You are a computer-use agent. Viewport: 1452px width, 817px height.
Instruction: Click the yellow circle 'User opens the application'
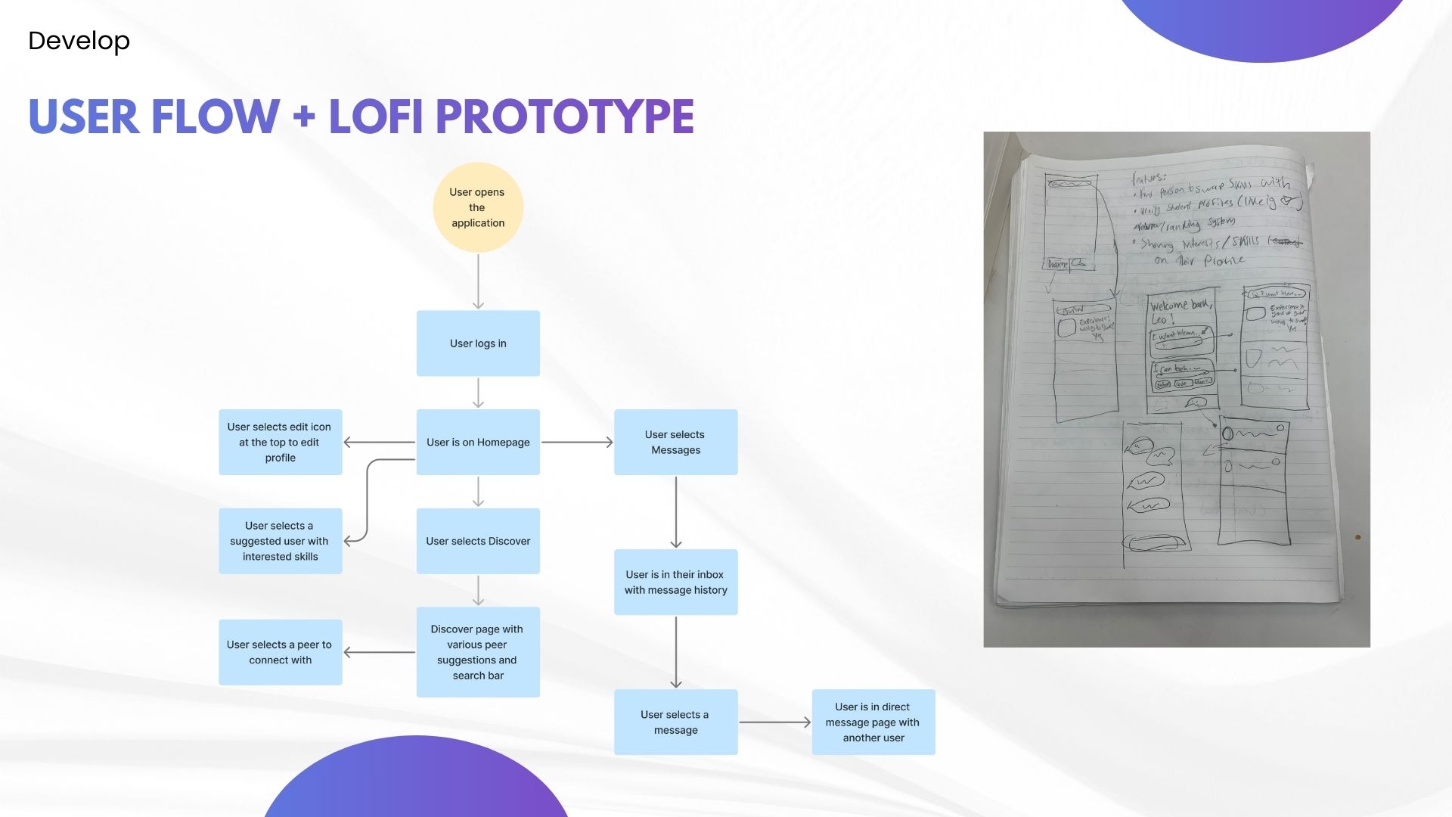click(x=477, y=207)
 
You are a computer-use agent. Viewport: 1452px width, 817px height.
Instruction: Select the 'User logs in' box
click(x=478, y=343)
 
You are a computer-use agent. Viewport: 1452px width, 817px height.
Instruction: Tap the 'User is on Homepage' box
click(x=478, y=443)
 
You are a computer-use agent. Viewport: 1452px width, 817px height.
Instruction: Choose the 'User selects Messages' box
click(x=675, y=443)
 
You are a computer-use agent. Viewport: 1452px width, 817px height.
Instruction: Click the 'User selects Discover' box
click(x=478, y=541)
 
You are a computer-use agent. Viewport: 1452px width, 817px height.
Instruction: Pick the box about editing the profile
click(x=280, y=443)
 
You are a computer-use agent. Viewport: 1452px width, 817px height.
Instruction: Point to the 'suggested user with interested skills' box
click(x=280, y=541)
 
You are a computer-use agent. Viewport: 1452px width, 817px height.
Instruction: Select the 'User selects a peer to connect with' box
click(x=280, y=652)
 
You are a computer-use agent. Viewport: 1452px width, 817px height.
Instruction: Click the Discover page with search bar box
click(x=478, y=652)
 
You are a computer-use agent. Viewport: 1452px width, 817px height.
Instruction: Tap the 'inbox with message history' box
click(x=675, y=582)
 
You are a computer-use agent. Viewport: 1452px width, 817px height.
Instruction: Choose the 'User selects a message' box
click(x=675, y=722)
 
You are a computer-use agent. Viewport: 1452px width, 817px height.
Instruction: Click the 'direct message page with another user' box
click(x=873, y=722)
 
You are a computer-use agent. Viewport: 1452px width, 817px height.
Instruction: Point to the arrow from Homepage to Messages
click(x=577, y=443)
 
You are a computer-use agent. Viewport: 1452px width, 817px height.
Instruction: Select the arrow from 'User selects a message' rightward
click(x=774, y=722)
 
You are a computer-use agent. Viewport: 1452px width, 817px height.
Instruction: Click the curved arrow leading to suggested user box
click(x=368, y=499)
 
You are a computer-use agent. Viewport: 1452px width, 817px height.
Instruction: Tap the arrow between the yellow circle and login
click(x=478, y=281)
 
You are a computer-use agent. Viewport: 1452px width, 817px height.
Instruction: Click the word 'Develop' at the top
click(x=79, y=41)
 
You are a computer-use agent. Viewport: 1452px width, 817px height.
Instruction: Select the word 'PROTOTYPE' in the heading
click(x=564, y=116)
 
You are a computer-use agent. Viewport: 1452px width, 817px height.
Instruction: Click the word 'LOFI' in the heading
click(x=375, y=116)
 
